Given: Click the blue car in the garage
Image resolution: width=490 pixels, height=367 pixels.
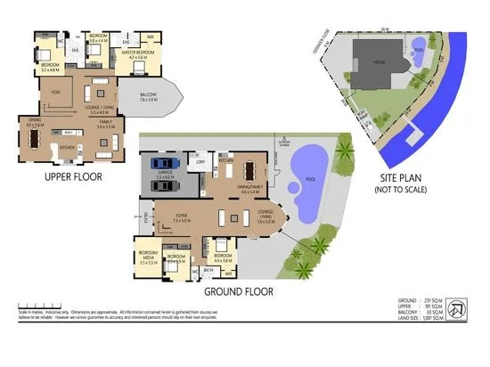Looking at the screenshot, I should pos(161,163).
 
